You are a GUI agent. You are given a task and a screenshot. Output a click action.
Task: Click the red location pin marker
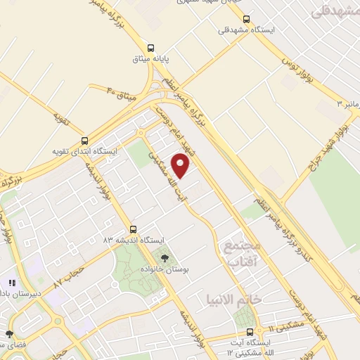pos(181,166)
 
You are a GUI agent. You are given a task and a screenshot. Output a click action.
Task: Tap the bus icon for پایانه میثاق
pos(151,48)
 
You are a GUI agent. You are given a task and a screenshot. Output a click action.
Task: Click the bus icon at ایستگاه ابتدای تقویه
pos(85,140)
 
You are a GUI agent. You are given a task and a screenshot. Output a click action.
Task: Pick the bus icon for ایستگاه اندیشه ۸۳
pos(134,229)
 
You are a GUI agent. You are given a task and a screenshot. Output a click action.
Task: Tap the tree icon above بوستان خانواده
pos(165,259)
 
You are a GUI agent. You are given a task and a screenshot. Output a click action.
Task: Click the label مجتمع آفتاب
pos(241,253)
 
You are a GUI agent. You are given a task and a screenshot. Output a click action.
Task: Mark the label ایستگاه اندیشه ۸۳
pos(131,240)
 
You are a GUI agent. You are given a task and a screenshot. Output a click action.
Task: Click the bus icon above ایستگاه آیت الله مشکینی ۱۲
pos(250,331)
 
